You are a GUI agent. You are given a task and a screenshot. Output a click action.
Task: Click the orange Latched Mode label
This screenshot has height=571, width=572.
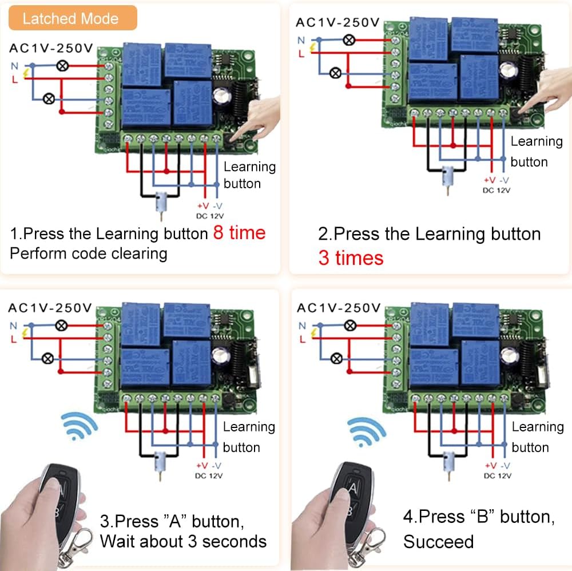click(70, 18)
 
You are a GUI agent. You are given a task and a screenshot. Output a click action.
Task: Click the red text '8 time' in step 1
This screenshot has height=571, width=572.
click(239, 233)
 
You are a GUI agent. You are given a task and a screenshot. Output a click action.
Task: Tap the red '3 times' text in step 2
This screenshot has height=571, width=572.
click(350, 257)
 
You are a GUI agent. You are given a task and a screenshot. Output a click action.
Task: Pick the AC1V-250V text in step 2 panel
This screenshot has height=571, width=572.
click(337, 23)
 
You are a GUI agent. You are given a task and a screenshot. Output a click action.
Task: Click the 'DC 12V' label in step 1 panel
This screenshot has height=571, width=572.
click(209, 216)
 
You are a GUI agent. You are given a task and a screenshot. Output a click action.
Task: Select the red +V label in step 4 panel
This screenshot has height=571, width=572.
click(489, 465)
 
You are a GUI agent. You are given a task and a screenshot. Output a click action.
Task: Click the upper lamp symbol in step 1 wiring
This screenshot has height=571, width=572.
click(61, 66)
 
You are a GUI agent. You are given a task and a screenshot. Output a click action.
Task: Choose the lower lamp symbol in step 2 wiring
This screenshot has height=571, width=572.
click(336, 72)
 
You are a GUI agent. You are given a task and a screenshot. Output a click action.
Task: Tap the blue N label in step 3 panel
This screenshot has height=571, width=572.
click(13, 325)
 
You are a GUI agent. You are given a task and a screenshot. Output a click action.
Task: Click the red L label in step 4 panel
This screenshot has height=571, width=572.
click(301, 338)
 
